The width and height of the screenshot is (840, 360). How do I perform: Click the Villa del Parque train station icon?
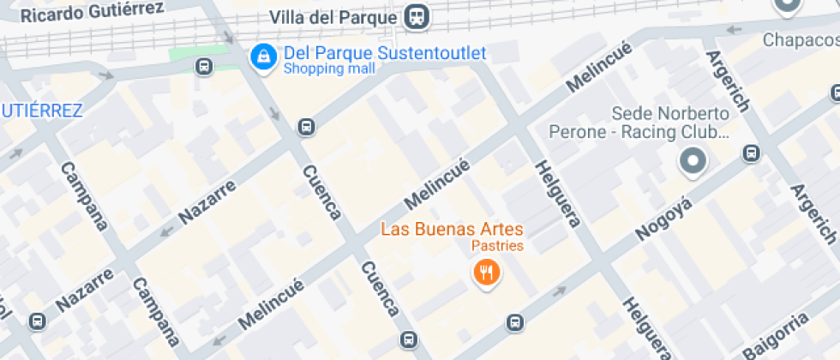pyautogui.click(x=417, y=16)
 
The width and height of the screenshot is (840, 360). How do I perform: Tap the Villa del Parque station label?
pyautogui.click(x=333, y=17)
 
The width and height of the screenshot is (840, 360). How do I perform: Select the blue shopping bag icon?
pyautogui.click(x=261, y=57)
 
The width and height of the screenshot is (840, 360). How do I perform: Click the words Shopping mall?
pyautogui.click(x=322, y=69)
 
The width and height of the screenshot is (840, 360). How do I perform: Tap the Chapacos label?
pyautogui.click(x=801, y=39)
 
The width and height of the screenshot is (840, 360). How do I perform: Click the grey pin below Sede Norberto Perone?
pyautogui.click(x=693, y=161)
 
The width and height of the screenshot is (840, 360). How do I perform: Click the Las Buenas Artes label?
pyautogui.click(x=452, y=229)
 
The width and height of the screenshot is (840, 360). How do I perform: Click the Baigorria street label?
pyautogui.click(x=777, y=336)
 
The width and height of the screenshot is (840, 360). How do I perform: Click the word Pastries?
pyautogui.click(x=498, y=246)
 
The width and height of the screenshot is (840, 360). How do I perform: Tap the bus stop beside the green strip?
pyautogui.click(x=204, y=66)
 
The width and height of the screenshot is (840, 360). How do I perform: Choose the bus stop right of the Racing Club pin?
pyautogui.click(x=751, y=153)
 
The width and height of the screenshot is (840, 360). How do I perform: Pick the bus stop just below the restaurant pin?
pyautogui.click(x=514, y=322)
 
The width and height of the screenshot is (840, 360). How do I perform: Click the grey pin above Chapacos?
pyautogui.click(x=786, y=7)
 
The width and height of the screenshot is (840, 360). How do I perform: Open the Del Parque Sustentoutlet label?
pyautogui.click(x=385, y=53)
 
